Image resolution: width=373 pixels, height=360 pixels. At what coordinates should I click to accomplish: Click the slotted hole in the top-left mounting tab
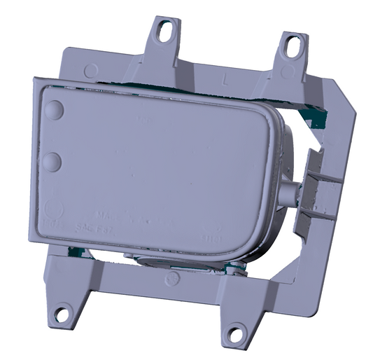[x=165, y=31]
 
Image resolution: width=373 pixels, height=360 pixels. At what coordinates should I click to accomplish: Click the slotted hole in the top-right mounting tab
[x=289, y=46]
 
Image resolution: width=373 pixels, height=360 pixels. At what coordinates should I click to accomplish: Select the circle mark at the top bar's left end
[x=91, y=71]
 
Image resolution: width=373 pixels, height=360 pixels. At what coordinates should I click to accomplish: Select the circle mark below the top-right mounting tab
[x=287, y=72]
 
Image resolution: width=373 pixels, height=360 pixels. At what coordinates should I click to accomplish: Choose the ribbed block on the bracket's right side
[x=322, y=189]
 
